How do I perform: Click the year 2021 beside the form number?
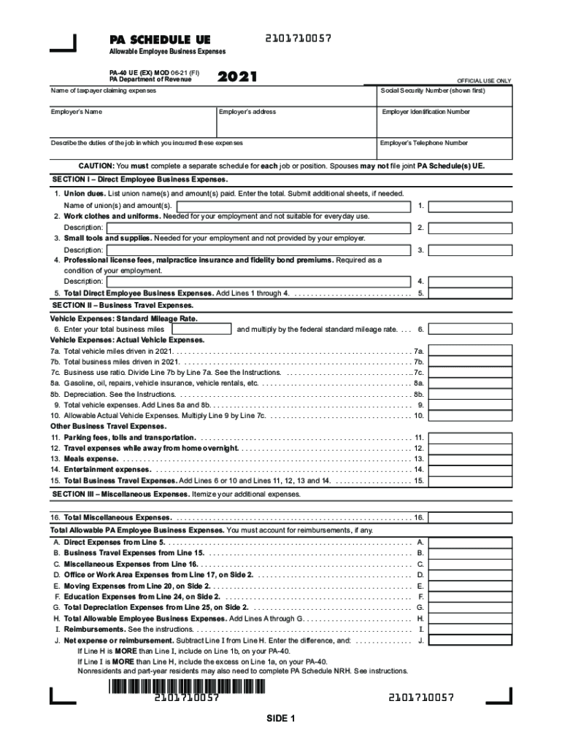pyautogui.click(x=238, y=77)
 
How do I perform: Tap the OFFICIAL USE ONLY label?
pyautogui.click(x=484, y=81)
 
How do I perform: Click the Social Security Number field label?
pyautogui.click(x=433, y=91)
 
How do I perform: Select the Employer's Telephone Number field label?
pyautogui.click(x=424, y=144)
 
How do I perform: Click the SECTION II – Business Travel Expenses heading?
pyautogui.click(x=123, y=306)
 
